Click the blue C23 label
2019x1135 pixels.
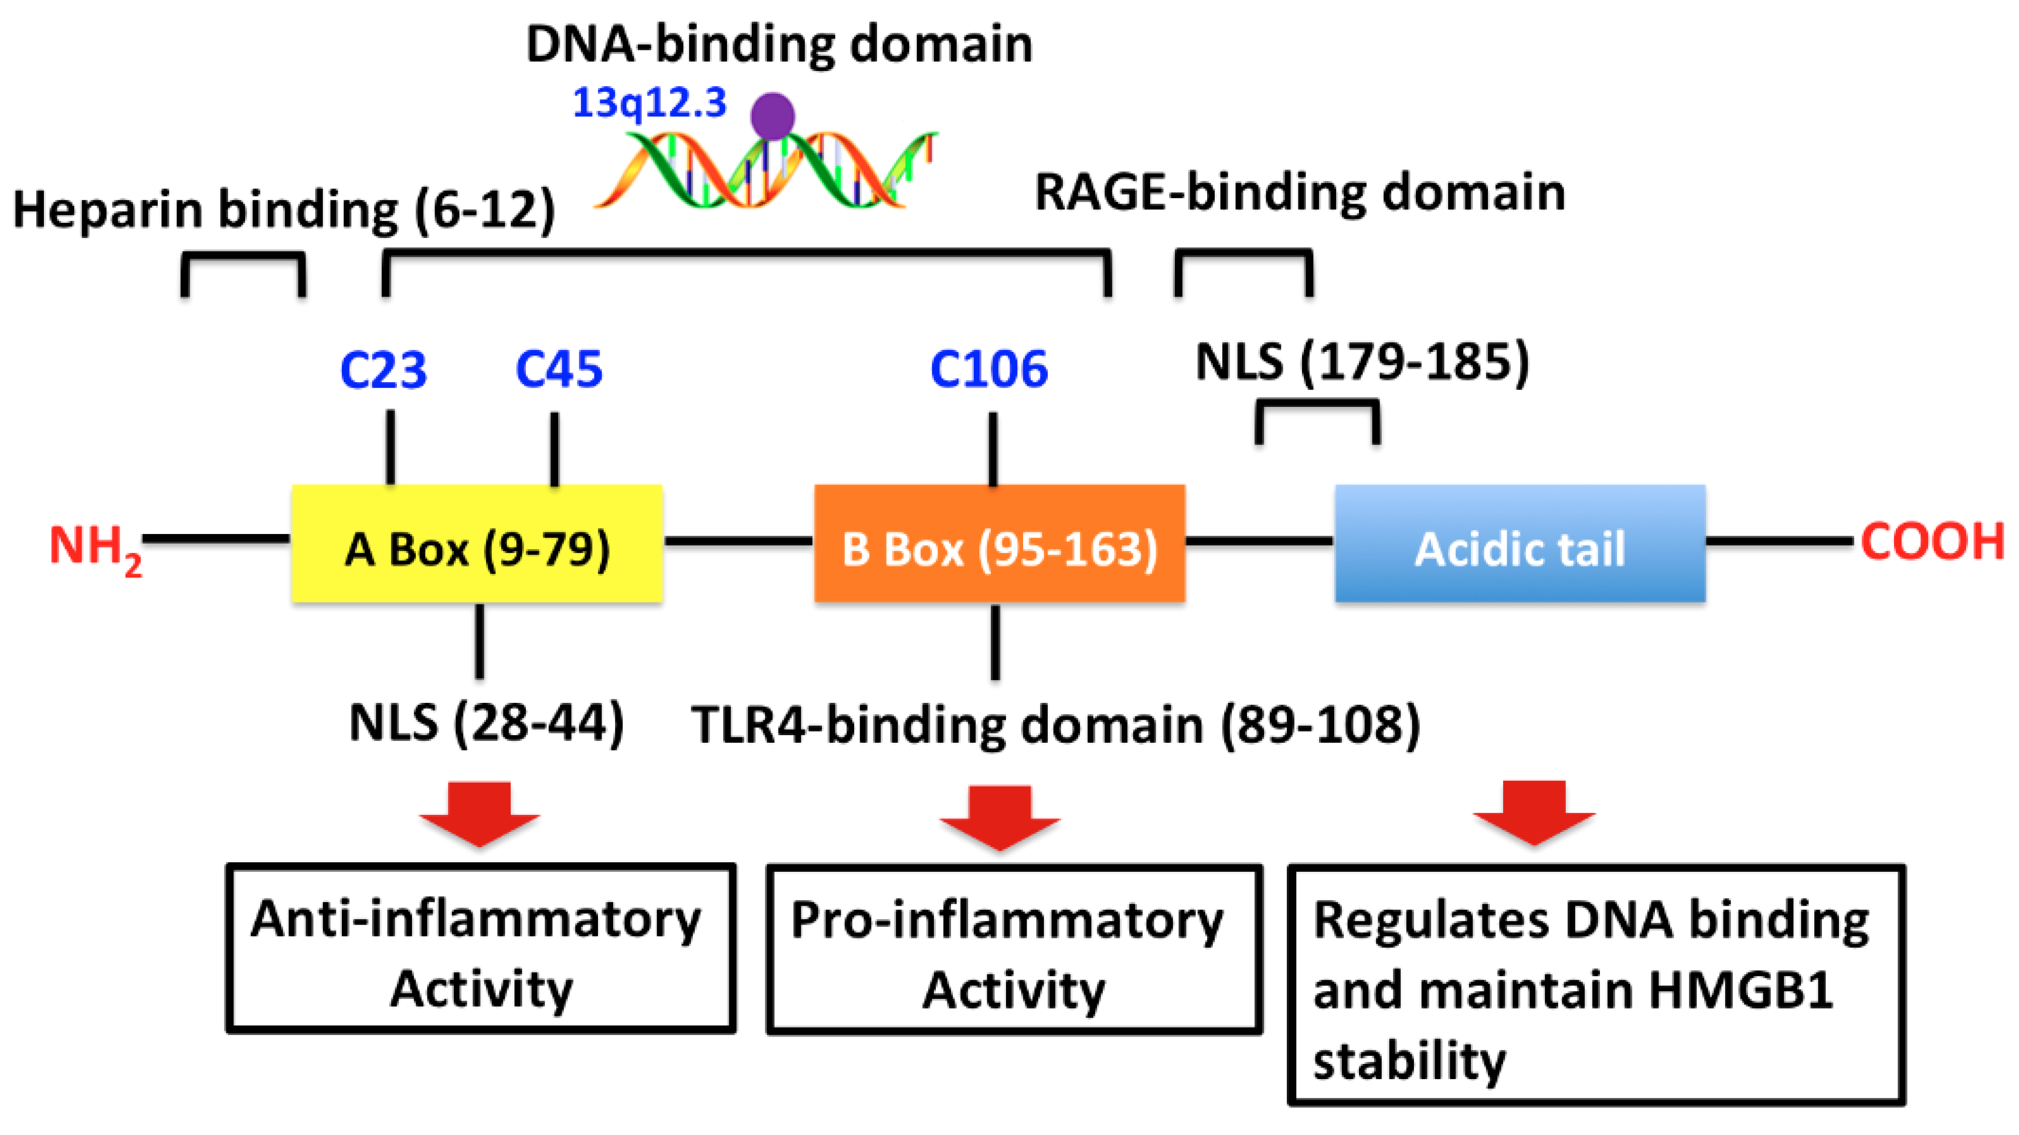click(383, 370)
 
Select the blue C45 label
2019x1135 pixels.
click(559, 370)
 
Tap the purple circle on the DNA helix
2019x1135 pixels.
click(772, 116)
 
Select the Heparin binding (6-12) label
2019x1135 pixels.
click(284, 210)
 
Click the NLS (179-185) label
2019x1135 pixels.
click(1362, 362)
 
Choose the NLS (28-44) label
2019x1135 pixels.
click(486, 723)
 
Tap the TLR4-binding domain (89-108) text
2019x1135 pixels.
click(1055, 724)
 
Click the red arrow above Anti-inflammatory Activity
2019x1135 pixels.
click(479, 814)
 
